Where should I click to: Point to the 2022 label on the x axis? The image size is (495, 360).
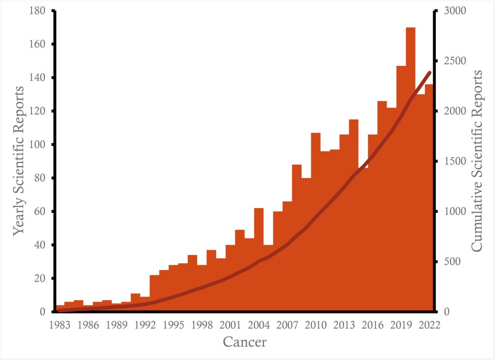click(429, 325)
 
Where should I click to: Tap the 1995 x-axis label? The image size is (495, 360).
click(174, 325)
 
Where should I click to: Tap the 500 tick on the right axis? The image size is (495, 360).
click(450, 262)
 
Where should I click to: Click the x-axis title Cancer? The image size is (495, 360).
click(245, 343)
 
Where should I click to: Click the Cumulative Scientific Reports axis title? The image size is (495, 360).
click(477, 161)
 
